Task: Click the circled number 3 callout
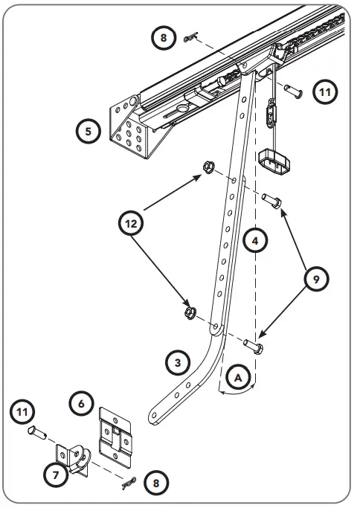coord(176,364)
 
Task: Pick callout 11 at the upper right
coord(324,92)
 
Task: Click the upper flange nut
coord(208,167)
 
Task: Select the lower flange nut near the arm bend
coord(190,312)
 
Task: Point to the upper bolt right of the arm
coord(271,199)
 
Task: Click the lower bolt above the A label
coord(254,344)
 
